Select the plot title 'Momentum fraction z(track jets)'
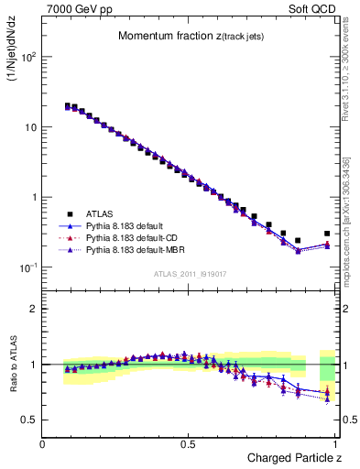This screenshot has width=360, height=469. click(189, 36)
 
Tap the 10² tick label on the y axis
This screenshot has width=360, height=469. click(28, 57)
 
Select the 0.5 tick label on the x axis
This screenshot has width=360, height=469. click(188, 444)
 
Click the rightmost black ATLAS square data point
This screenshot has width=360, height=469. click(327, 234)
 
